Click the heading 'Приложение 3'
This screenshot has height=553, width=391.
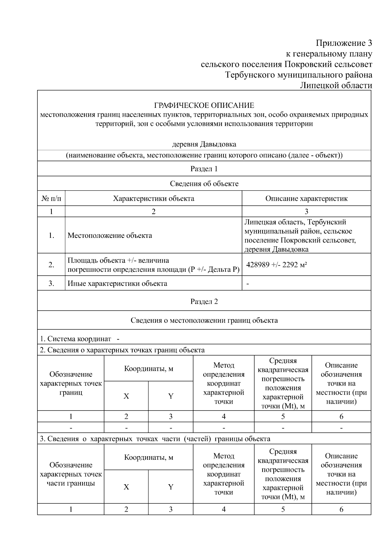(344, 43)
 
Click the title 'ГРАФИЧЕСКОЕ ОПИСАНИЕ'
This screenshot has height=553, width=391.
(204, 106)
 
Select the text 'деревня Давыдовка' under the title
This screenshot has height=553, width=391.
(204, 144)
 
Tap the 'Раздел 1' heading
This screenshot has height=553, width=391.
(204, 169)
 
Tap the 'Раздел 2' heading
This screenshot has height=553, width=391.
(204, 301)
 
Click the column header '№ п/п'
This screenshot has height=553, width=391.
(51, 198)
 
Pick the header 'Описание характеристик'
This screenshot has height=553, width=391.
(306, 198)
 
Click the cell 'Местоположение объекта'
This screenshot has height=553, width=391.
(110, 236)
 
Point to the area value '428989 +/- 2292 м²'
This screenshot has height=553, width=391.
(277, 265)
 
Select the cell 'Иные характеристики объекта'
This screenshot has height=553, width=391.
(117, 284)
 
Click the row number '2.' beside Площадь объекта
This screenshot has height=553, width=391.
(51, 265)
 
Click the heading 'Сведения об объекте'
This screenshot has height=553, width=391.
(204, 184)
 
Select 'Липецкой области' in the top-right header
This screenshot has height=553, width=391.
(336, 86)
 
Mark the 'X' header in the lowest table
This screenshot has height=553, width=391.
(126, 487)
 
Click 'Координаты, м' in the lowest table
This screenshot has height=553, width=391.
(149, 458)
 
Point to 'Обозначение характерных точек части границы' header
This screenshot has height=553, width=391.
(71, 474)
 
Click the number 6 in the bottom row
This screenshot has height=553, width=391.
(341, 510)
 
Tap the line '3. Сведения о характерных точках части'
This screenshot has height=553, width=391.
(155, 439)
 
